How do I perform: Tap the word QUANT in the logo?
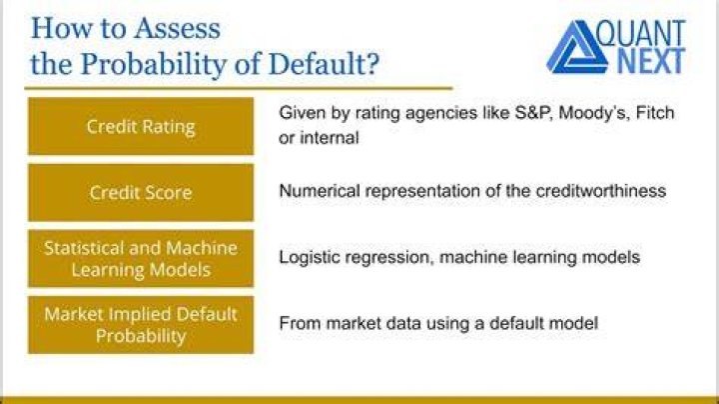tap(641, 34)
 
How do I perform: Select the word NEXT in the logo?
tap(651, 62)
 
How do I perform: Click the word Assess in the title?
tap(177, 28)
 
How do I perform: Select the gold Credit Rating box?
tap(141, 126)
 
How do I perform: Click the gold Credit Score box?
tap(141, 192)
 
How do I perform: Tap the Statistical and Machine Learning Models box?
tap(141, 258)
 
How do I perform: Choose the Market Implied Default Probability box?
tap(141, 325)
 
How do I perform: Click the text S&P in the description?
tap(533, 112)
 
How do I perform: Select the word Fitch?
tap(655, 112)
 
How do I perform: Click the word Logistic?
tap(309, 258)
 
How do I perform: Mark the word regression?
tap(388, 258)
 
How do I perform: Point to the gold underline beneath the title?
tap(239, 88)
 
